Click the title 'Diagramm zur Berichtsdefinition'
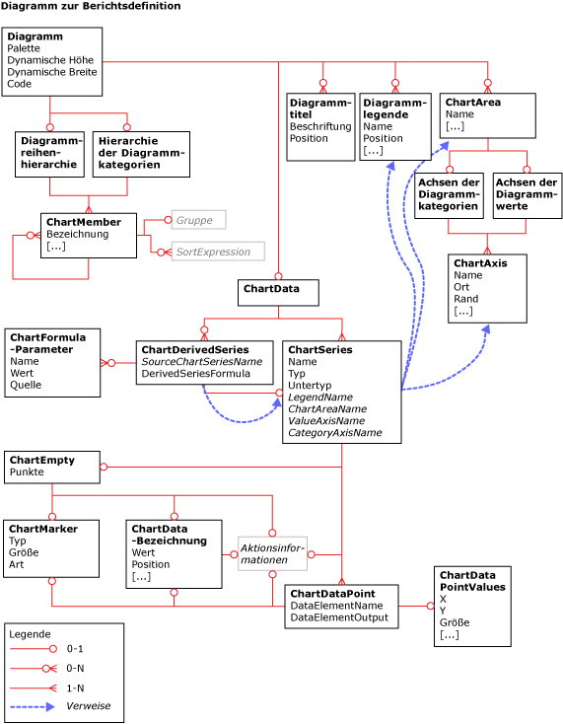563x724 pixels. pos(91,6)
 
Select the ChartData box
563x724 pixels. pos(277,292)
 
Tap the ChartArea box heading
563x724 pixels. pos(472,102)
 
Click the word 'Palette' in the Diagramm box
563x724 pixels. pos(26,48)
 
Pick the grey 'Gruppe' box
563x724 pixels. pos(198,220)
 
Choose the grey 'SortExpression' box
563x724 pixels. pos(217,252)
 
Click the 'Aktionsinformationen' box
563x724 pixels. pos(272,553)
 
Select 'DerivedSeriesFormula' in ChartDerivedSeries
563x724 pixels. pos(195,374)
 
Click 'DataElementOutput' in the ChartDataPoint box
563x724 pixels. pos(338,616)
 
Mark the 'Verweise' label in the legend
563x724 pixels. pos(88,706)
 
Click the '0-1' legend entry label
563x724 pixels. pos(75,649)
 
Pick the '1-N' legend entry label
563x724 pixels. pos(75,688)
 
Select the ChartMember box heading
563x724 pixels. pos(84,222)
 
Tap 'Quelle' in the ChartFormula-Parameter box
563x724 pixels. pos(25,385)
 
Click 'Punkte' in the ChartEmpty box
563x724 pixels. pos(27,472)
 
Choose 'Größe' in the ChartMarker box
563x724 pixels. pos(24,552)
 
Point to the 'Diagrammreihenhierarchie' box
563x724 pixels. pos(49,154)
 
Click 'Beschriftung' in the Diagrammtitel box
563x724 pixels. pos(319,126)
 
